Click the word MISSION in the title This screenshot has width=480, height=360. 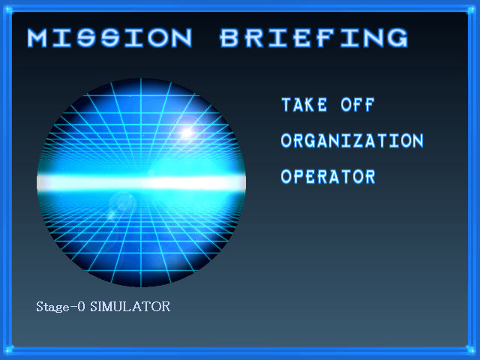pyautogui.click(x=109, y=37)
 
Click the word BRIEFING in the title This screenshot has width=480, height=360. pyautogui.click(x=314, y=37)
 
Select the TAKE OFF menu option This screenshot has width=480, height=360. pyautogui.click(x=328, y=105)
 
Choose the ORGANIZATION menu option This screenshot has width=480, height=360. pyautogui.click(x=352, y=141)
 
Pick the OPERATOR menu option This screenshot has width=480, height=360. pyautogui.click(x=328, y=177)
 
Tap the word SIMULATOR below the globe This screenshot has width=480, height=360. pyautogui.click(x=130, y=307)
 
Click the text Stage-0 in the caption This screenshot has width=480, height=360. pyautogui.click(x=61, y=307)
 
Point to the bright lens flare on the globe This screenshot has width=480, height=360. pyautogui.click(x=187, y=133)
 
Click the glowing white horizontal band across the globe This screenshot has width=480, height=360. pyautogui.click(x=141, y=183)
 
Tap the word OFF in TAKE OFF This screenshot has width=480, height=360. pyautogui.click(x=358, y=105)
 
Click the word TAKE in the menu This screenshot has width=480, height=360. pyautogui.click(x=304, y=105)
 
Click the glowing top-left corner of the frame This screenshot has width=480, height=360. pyautogui.click(x=8, y=10)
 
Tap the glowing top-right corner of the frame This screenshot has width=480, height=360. pyautogui.click(x=472, y=10)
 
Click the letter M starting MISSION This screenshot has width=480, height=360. pyautogui.click(x=37, y=38)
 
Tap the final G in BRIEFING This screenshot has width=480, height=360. pyautogui.click(x=398, y=38)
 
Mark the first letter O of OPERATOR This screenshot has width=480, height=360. pyautogui.click(x=286, y=177)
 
